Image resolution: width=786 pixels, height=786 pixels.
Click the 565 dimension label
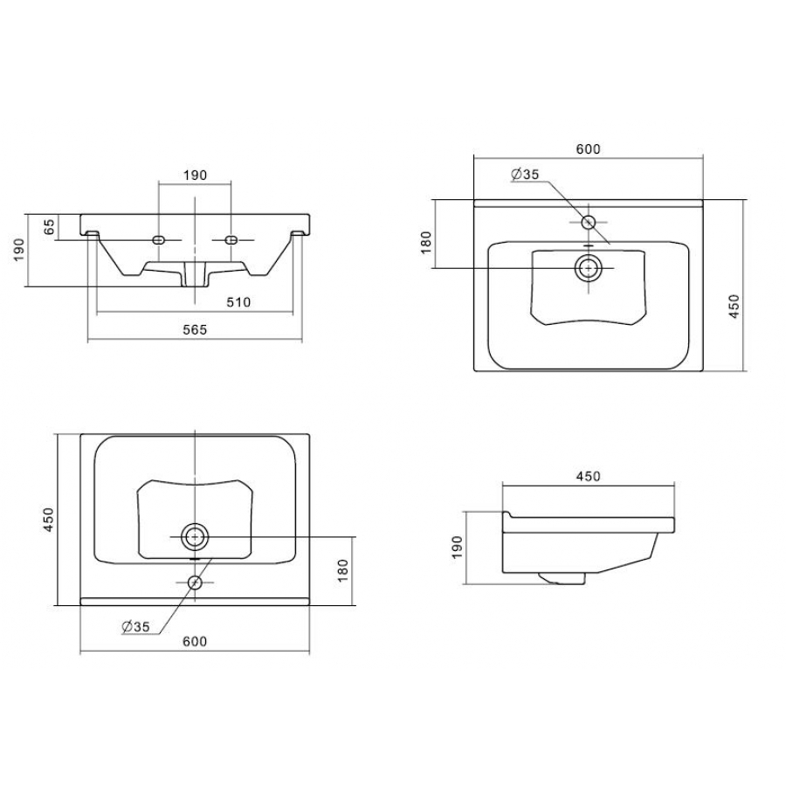point(195,329)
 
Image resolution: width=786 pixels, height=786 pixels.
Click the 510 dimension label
point(238,302)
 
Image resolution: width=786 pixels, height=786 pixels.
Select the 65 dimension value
point(49,227)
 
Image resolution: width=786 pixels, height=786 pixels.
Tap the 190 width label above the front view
point(195,175)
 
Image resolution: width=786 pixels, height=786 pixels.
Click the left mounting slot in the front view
point(158,240)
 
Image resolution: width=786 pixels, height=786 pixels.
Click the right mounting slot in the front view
point(231,240)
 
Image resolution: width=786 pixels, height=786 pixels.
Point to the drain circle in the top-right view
point(589,268)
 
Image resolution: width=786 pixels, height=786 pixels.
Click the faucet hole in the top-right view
point(589,222)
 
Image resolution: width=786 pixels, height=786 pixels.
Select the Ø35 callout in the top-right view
point(525,175)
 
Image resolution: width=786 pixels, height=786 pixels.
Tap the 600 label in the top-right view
point(588,148)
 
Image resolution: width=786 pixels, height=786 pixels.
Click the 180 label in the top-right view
point(426,242)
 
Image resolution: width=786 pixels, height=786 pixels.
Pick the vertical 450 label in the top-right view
point(734,306)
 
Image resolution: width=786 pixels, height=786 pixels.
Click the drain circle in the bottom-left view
point(195,537)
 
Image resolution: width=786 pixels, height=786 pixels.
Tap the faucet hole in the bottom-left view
point(195,583)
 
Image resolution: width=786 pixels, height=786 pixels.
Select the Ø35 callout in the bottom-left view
point(136,626)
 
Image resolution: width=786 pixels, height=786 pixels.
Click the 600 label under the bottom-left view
point(195,642)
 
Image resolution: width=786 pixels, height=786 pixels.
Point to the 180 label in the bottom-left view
point(343,570)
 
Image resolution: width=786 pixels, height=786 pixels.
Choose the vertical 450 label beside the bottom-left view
point(48,520)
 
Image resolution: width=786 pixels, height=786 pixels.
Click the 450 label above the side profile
point(588,476)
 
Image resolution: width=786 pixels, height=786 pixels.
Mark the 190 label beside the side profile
point(457,548)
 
